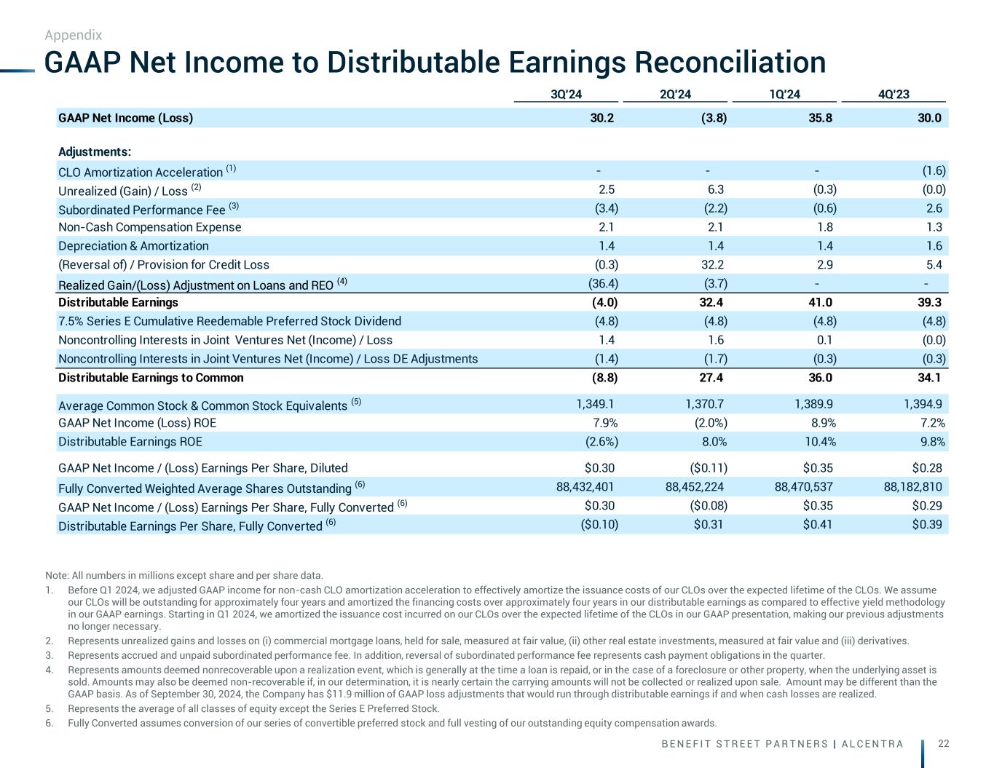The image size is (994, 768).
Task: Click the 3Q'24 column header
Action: pyautogui.click(x=566, y=94)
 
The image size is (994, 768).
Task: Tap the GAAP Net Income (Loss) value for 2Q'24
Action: pyautogui.click(x=711, y=118)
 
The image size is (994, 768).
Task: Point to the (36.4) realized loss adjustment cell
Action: pyautogui.click(x=603, y=284)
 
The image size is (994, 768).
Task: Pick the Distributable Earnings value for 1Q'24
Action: pyautogui.click(x=820, y=302)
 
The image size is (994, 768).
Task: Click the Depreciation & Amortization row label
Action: pyautogui.click(x=133, y=246)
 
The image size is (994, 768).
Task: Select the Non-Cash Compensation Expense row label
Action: pyautogui.click(x=149, y=227)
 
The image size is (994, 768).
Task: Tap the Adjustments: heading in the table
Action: pyautogui.click(x=95, y=152)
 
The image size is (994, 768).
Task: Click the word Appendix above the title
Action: pyautogui.click(x=73, y=35)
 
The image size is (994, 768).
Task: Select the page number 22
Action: pyautogui.click(x=943, y=743)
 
